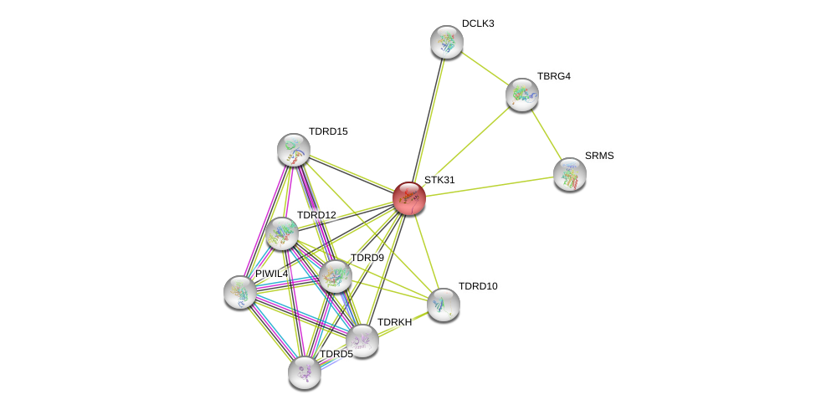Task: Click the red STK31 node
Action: pyautogui.click(x=409, y=198)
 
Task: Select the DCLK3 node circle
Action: pyautogui.click(x=447, y=42)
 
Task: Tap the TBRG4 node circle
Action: pyautogui.click(x=522, y=95)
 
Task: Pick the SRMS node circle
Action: pyautogui.click(x=570, y=174)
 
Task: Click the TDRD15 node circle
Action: pyautogui.click(x=294, y=150)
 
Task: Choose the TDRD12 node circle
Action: pyautogui.click(x=282, y=233)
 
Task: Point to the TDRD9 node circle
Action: pyautogui.click(x=336, y=276)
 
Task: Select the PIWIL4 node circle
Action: pyautogui.click(x=240, y=291)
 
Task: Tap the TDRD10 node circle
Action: pyautogui.click(x=444, y=305)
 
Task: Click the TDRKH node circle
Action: pyautogui.click(x=362, y=340)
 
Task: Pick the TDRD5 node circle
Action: pyautogui.click(x=305, y=372)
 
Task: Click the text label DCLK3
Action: pyautogui.click(x=478, y=23)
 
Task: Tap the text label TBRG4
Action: pyautogui.click(x=553, y=76)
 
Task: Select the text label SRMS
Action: pyautogui.click(x=598, y=156)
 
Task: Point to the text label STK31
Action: pyautogui.click(x=439, y=180)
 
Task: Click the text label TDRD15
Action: pyautogui.click(x=327, y=131)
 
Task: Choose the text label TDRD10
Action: pyautogui.click(x=477, y=286)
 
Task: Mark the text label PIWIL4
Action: pyautogui.click(x=271, y=274)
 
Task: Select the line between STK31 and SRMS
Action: pyautogui.click(x=490, y=187)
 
